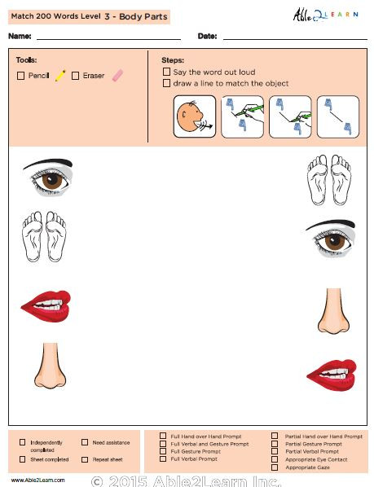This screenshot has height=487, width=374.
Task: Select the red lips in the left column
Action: click(46, 307)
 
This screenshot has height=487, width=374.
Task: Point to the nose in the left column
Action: click(48, 368)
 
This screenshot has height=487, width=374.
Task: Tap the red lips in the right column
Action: click(331, 373)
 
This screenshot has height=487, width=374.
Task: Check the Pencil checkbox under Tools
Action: click(21, 76)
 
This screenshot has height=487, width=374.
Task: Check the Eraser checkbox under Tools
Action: click(76, 76)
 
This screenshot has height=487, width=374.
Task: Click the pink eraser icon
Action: click(117, 75)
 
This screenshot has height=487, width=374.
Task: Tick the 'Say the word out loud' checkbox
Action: click(166, 72)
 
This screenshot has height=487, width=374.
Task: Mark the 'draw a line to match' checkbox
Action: click(166, 82)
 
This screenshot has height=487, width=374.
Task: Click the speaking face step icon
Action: click(194, 116)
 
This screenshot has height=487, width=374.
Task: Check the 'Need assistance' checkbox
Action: click(85, 442)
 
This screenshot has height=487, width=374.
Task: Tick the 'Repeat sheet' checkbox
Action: click(85, 459)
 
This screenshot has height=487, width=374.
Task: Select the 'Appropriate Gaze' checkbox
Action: click(275, 467)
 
